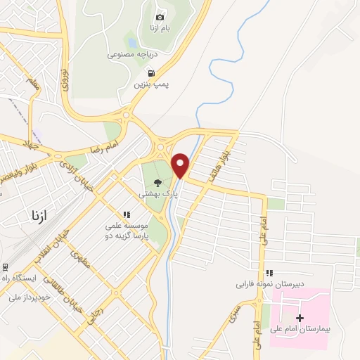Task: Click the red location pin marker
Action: pyautogui.click(x=181, y=165)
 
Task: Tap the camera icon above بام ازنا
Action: pyautogui.click(x=160, y=17)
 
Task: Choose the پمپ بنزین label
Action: pyautogui.click(x=153, y=84)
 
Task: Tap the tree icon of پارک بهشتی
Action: pyautogui.click(x=157, y=184)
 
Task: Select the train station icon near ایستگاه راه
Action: pyautogui.click(x=6, y=267)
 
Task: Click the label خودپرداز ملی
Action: pyautogui.click(x=31, y=297)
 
